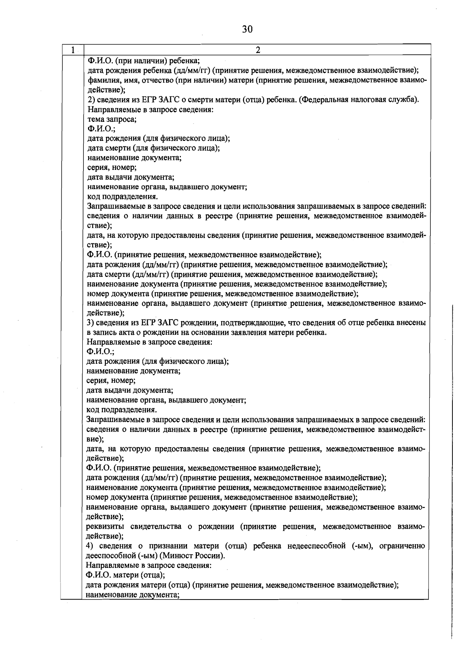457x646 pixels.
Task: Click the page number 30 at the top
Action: coord(247,29)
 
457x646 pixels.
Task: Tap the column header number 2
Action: coord(257,50)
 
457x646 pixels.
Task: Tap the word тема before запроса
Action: coord(96,119)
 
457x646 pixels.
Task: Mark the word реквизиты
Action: coord(104,526)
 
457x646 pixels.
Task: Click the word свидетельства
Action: coord(156,526)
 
